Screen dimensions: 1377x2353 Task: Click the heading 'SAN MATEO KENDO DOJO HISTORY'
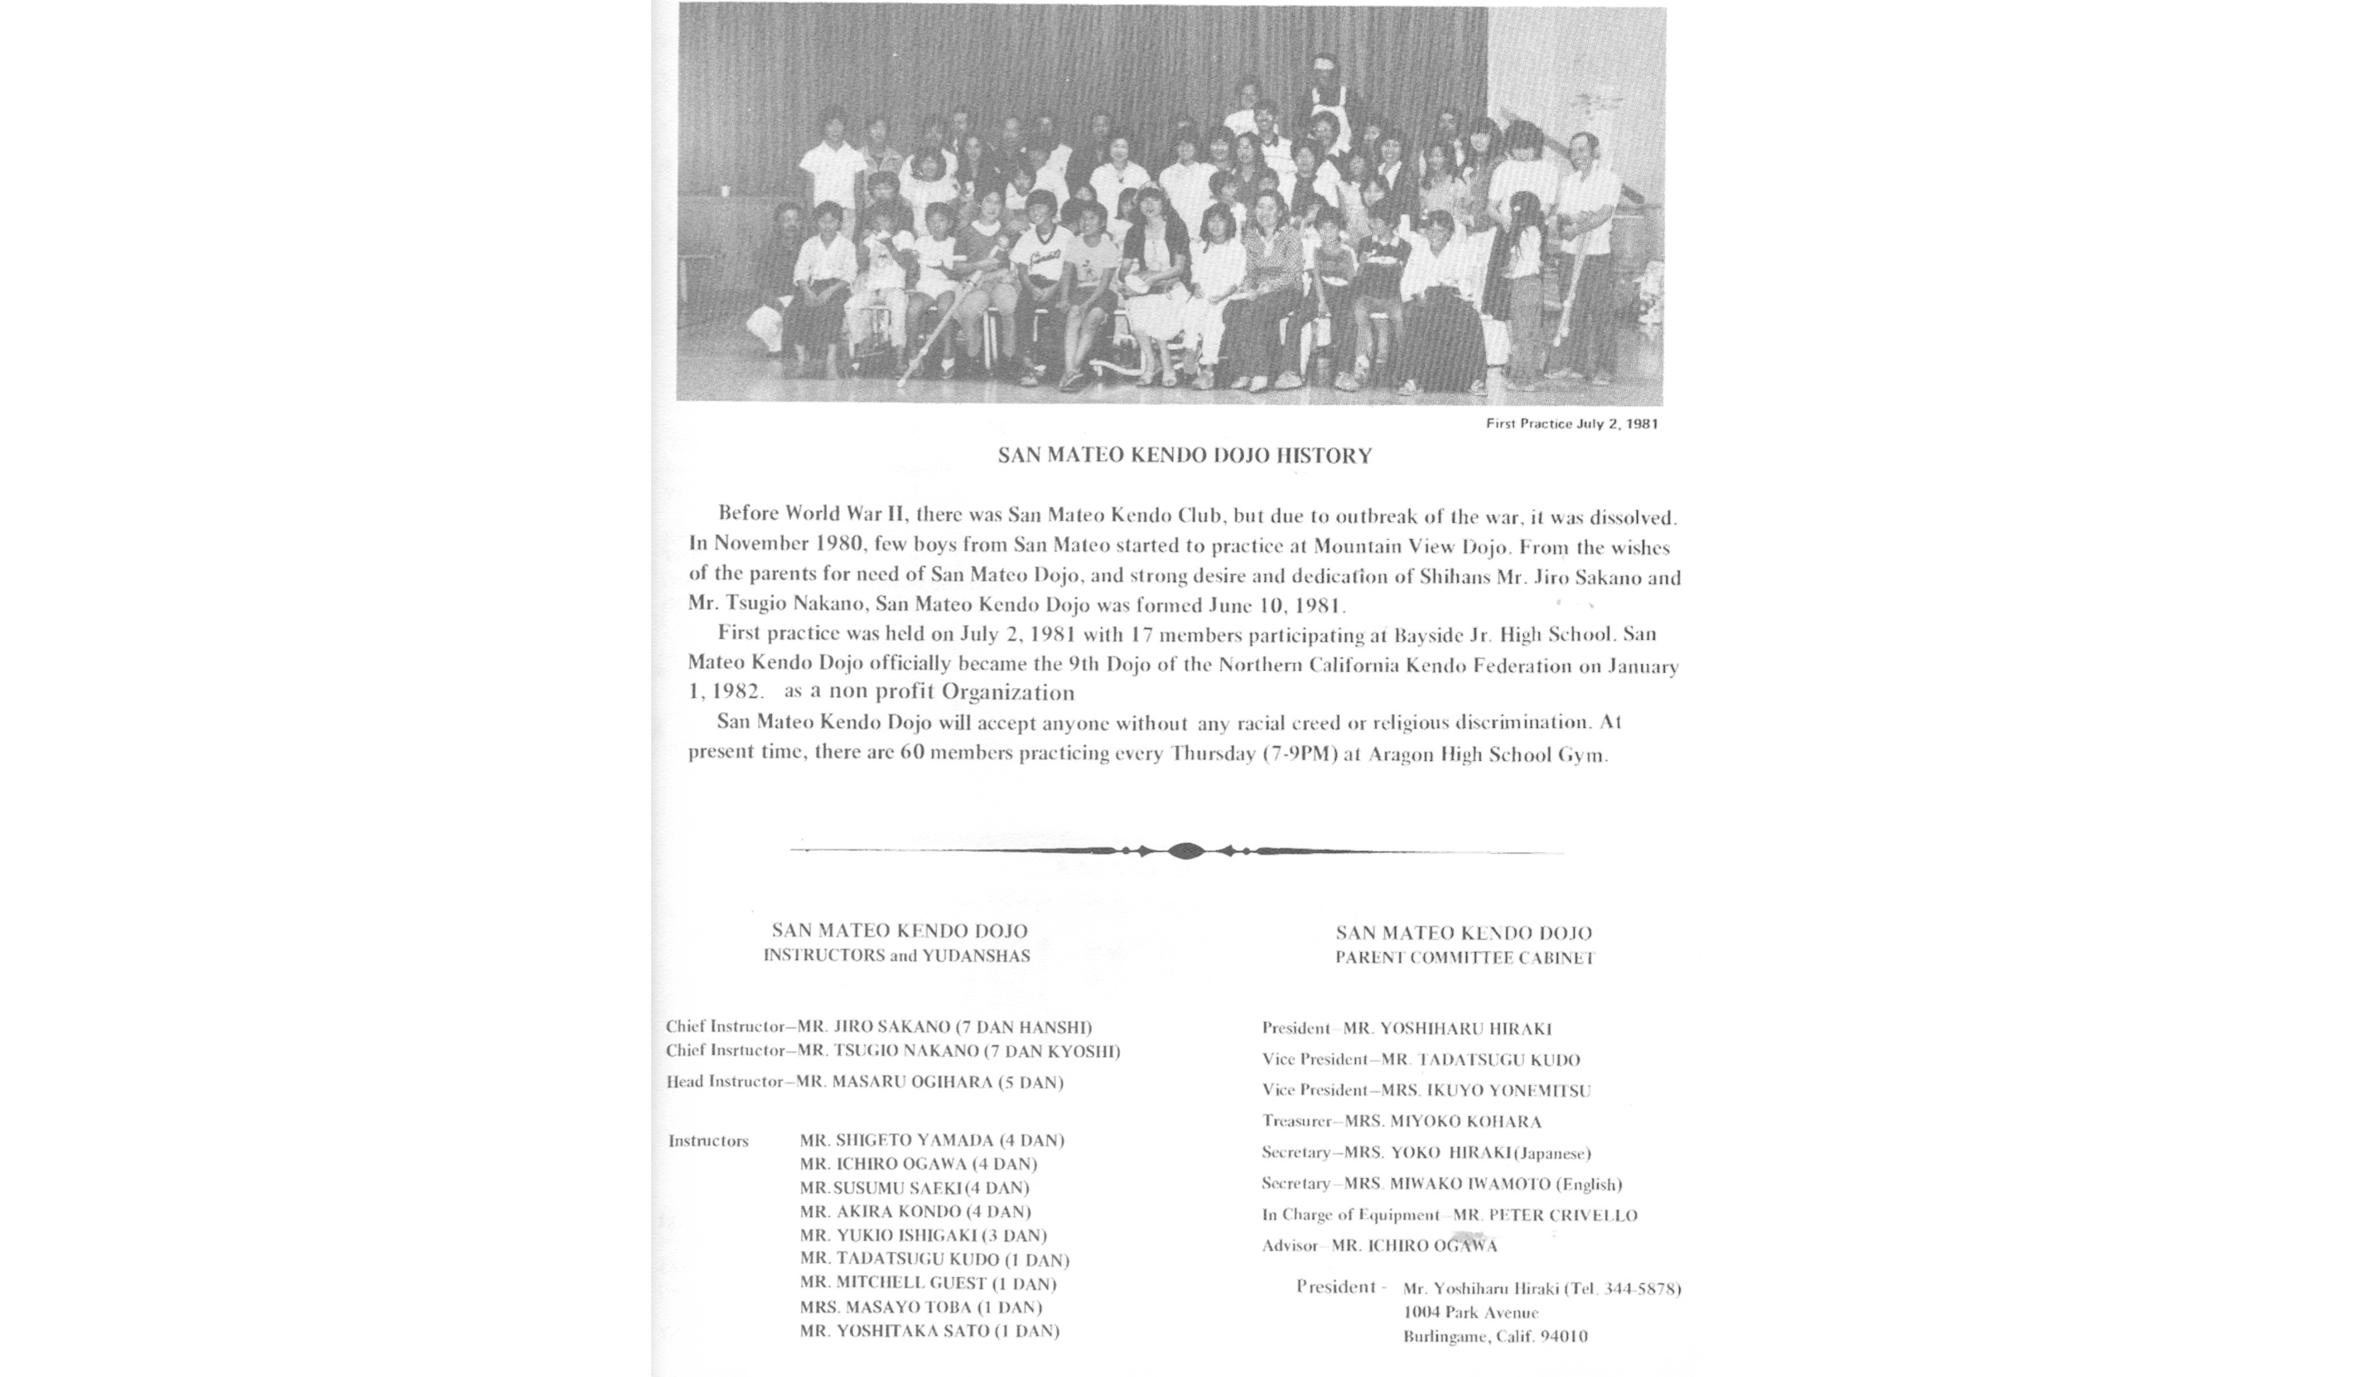coord(1185,455)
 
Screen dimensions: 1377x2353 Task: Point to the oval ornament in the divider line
coord(1185,850)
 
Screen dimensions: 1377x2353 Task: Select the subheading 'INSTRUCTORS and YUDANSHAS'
coord(896,956)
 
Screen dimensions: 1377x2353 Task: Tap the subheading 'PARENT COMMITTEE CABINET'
coord(1464,958)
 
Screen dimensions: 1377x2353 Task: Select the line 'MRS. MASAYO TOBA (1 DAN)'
coord(921,1307)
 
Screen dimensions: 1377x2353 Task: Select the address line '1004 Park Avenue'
coord(1471,1313)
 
